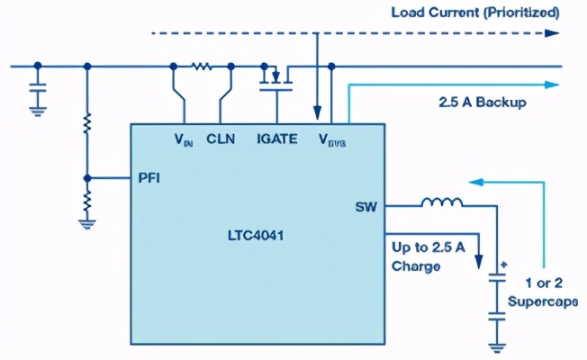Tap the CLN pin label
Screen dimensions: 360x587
pos(221,139)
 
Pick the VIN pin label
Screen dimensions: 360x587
pos(184,140)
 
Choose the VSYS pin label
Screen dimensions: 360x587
pos(331,140)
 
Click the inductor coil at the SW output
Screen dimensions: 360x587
pos(442,204)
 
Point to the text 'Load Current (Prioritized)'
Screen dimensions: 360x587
pos(474,13)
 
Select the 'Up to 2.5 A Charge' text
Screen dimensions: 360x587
pos(426,256)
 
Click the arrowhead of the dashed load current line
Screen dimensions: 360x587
pos(551,33)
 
